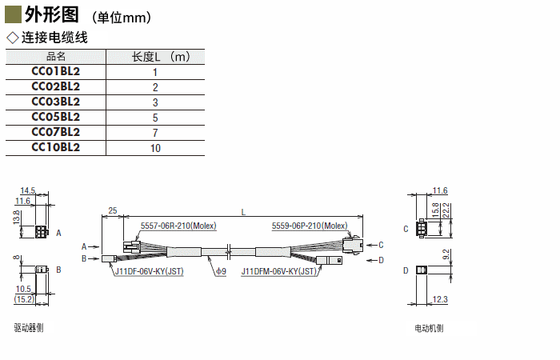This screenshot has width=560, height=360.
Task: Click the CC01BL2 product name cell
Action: coord(56,71)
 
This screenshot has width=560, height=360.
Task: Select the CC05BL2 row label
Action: coord(56,117)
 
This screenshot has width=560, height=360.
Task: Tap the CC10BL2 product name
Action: coord(56,147)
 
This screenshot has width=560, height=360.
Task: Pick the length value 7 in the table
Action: coord(154,133)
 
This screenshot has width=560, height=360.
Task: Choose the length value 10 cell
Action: coord(154,148)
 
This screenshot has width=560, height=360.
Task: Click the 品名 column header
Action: coord(56,56)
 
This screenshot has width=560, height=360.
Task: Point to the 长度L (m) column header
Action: coord(160,56)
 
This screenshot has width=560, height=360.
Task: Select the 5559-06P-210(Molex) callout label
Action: coord(310,226)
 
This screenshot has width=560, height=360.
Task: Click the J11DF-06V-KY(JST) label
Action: coord(149,271)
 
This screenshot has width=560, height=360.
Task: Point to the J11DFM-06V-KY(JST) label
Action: coord(280,271)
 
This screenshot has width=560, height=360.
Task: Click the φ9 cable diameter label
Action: coord(221,271)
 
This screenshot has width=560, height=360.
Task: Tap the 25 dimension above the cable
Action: coord(112,210)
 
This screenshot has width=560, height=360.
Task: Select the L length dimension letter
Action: coord(242,211)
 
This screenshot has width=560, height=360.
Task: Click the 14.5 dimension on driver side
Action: coord(28,190)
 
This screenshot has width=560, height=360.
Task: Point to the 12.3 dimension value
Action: coord(438,299)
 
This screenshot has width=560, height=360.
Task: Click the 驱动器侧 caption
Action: coord(29,328)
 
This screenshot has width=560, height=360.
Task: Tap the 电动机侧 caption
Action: coord(429,328)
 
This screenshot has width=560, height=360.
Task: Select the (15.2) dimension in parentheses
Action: coord(23,299)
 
